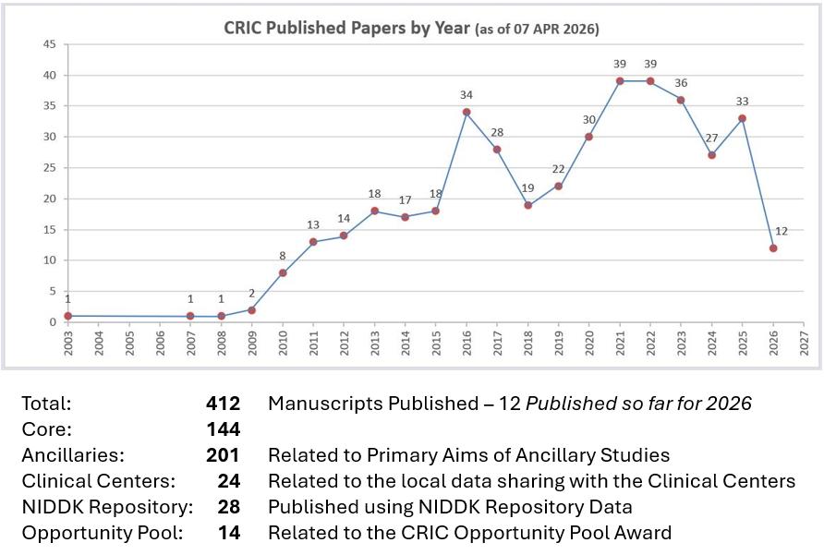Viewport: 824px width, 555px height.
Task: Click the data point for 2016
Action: tap(467, 113)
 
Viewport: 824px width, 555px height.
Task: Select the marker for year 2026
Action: tap(773, 247)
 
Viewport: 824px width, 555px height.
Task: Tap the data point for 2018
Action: tap(527, 205)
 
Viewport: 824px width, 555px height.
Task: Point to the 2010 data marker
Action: tap(283, 272)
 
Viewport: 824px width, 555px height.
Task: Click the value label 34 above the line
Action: tap(467, 95)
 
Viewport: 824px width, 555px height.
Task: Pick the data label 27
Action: tap(711, 139)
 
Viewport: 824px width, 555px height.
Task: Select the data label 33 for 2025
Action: tap(742, 102)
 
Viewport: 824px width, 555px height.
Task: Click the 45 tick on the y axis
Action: tap(50, 44)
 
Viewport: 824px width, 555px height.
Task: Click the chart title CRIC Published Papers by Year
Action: tap(347, 29)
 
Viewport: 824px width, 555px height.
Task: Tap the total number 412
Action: tap(223, 404)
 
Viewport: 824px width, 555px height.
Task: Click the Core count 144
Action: tap(223, 429)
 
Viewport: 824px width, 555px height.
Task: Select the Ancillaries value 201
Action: tap(223, 455)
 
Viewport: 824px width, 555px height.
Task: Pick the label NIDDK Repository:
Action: tap(107, 507)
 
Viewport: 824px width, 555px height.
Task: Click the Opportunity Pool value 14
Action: tap(228, 533)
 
